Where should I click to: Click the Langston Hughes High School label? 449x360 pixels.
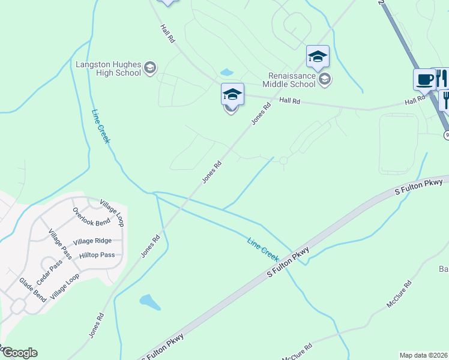point(108,68)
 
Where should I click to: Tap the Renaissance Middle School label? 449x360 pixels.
point(291,80)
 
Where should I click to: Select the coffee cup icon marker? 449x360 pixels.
point(424,79)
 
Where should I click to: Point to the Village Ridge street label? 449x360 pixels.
point(92,241)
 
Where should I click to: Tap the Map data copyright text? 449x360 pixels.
point(423,355)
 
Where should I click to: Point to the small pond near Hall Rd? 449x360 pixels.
point(227,73)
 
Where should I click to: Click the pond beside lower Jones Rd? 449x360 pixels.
point(149,301)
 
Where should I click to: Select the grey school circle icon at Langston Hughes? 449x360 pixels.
point(150,68)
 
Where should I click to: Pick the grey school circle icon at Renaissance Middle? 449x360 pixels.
point(325,79)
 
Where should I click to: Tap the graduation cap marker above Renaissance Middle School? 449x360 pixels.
point(318,56)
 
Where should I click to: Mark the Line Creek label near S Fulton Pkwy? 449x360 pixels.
point(264,248)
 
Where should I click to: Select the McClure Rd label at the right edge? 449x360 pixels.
point(399,294)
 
